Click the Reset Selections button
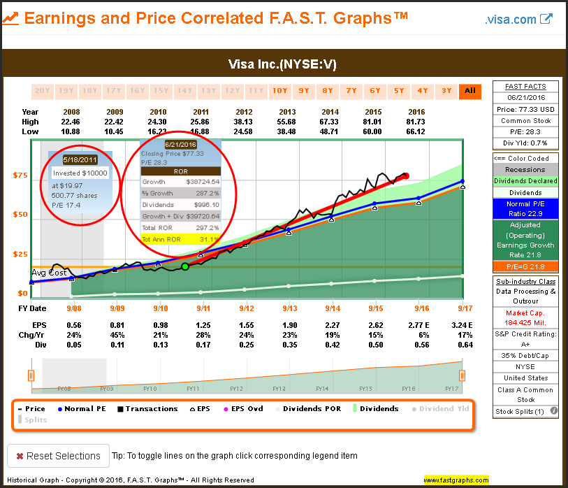58,456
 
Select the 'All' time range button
469,90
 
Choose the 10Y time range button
280,90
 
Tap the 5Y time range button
399,90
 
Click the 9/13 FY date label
289,308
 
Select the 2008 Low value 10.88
71,131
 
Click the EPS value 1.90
289,325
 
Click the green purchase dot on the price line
185,266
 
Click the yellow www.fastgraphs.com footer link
456,480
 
